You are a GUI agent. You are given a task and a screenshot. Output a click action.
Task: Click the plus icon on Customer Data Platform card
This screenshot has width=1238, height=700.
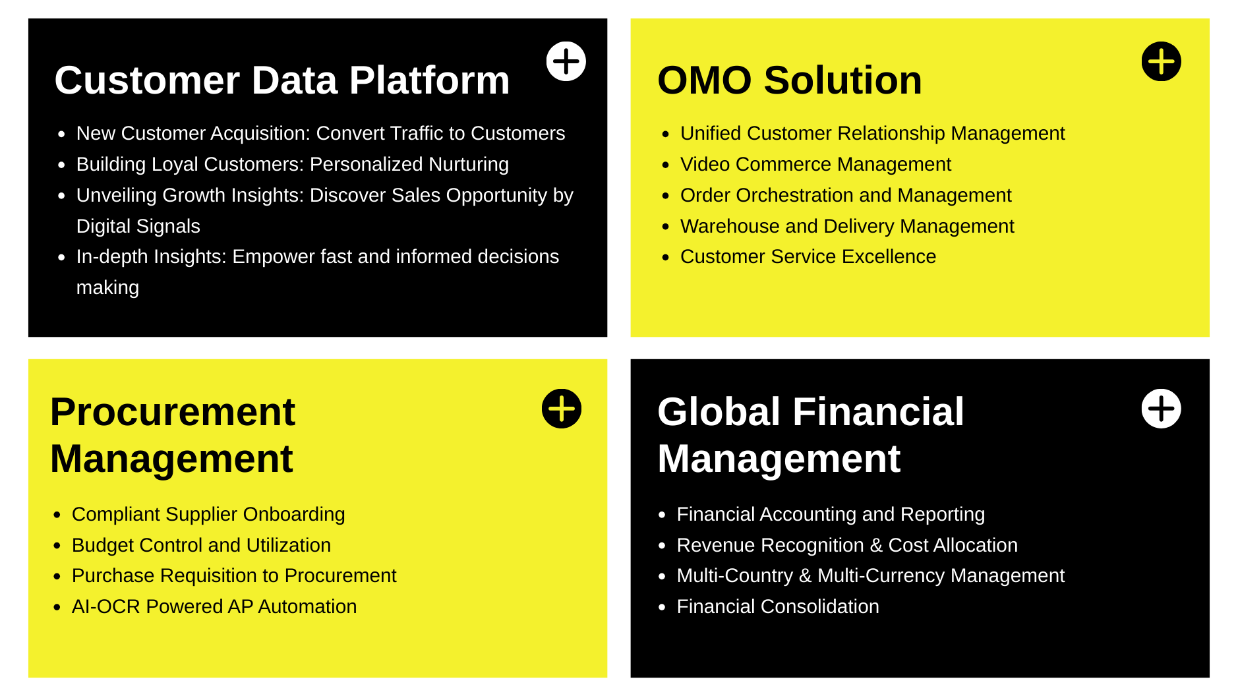coord(566,61)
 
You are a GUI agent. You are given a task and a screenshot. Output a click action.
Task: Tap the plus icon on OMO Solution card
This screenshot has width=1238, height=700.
coord(1161,61)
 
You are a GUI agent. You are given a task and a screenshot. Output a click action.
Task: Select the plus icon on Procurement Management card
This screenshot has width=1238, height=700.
coord(562,409)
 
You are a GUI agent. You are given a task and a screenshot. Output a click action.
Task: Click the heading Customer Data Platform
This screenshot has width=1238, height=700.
coord(282,80)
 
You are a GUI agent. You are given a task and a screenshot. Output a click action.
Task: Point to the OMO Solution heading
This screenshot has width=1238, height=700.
coord(790,80)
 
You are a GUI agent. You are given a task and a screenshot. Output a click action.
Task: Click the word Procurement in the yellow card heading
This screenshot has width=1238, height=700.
coord(173,412)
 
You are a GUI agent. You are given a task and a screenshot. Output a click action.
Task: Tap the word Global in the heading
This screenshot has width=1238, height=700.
coord(719,412)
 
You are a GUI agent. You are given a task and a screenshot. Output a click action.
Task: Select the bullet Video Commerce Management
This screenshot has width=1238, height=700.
coord(815,164)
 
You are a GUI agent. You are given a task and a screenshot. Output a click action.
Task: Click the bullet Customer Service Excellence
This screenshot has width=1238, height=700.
coord(808,256)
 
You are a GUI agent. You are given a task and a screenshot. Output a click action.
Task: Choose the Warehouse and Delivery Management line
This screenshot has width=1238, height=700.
coord(847,226)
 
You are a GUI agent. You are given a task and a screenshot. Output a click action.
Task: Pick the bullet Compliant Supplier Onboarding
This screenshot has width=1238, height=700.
coord(208,514)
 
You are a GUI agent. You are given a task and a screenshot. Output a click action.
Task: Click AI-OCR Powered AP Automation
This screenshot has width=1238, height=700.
coord(214,606)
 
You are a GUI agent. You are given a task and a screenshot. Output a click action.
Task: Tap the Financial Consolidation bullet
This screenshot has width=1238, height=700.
coord(778,606)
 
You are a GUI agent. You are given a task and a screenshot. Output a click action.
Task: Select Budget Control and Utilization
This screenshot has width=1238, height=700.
coord(201,545)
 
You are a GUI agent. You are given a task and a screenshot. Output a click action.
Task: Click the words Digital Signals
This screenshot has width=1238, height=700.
coord(138,226)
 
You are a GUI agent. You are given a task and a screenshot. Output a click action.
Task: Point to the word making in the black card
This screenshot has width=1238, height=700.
coord(107,288)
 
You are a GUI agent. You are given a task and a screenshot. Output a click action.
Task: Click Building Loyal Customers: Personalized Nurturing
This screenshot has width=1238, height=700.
coord(293,164)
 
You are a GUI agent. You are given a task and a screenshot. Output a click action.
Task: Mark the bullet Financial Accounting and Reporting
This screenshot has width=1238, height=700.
coord(831,514)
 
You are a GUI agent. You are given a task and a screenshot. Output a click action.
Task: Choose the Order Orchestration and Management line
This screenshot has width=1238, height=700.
coord(846,195)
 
